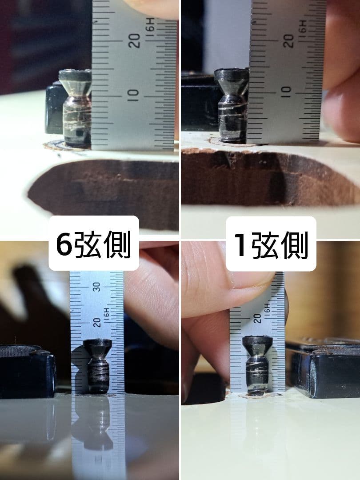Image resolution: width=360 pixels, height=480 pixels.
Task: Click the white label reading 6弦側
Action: [x=94, y=243]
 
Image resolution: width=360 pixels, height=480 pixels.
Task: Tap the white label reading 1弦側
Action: [x=271, y=244]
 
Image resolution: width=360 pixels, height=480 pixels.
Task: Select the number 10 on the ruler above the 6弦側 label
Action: [x=134, y=93]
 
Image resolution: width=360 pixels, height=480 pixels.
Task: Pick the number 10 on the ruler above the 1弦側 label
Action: [x=287, y=91]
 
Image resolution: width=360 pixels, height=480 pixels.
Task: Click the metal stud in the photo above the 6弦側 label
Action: [x=76, y=108]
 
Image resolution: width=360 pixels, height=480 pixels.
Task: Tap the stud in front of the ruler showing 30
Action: [x=98, y=365]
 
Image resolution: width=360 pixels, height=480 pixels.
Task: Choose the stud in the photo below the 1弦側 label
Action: [x=257, y=365]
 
